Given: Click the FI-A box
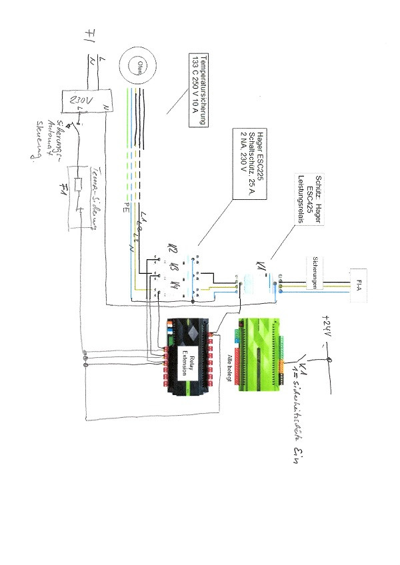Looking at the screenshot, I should [359, 284].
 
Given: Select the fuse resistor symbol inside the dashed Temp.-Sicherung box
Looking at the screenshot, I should [79, 186].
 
